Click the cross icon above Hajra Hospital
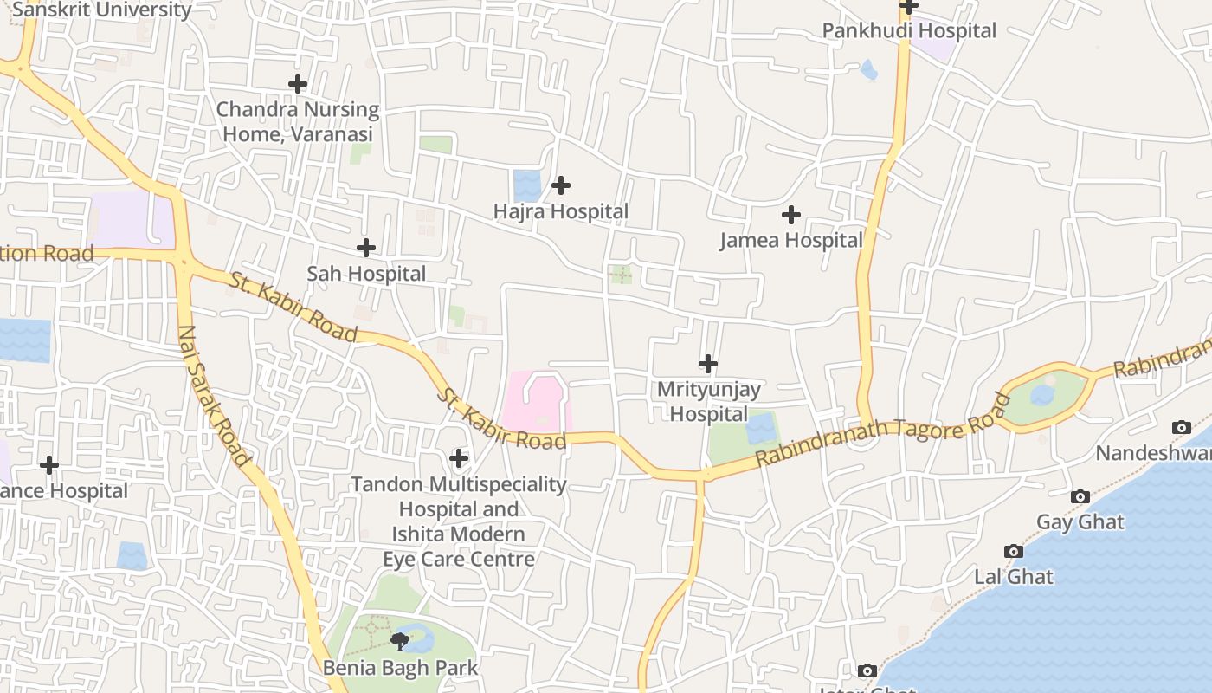561,185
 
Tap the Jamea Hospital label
791,240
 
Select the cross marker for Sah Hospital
366,248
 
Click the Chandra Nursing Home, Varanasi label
298,121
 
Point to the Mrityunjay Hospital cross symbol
708,364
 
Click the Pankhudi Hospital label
909,30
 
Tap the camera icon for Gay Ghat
1080,496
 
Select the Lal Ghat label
1014,576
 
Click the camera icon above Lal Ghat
1014,551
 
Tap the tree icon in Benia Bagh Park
400,642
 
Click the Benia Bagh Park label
400,668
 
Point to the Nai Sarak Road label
213,395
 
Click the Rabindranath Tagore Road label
882,430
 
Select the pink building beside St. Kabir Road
533,404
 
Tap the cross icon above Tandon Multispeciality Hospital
459,457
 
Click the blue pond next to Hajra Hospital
525,185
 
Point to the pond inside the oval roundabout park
1042,396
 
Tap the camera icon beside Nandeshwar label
1181,427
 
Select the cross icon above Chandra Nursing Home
298,84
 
